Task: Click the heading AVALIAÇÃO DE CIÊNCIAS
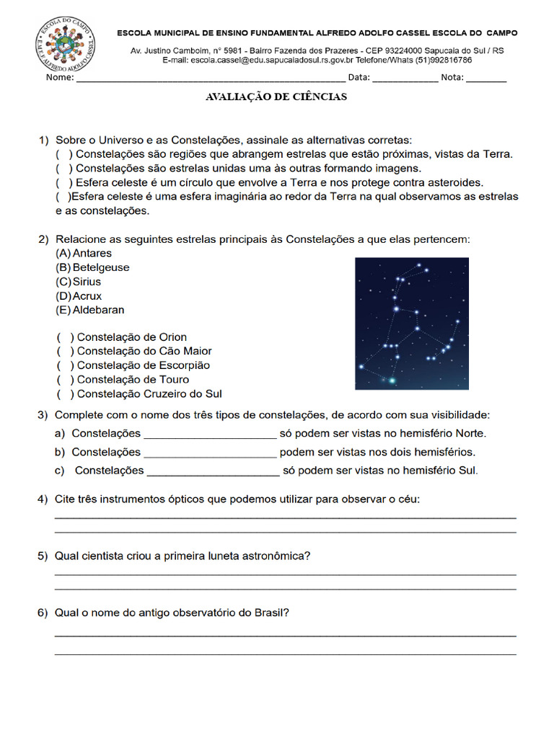point(276,97)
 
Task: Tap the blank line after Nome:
point(210,79)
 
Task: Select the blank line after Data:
point(405,79)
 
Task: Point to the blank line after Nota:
point(485,79)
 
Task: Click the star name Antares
point(92,254)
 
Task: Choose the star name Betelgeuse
point(101,267)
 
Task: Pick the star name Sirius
point(87,282)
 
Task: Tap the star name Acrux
point(87,296)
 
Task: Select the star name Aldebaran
point(98,310)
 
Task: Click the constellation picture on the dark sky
point(411,324)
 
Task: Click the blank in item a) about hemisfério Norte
point(210,435)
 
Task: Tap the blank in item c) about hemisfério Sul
point(213,472)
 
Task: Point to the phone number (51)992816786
point(437,61)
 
